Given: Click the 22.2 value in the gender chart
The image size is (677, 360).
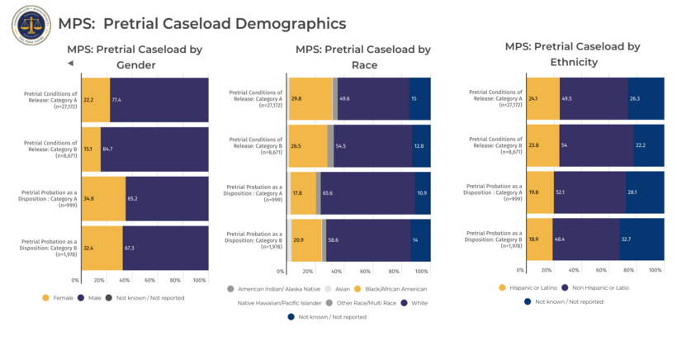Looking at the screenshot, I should (88, 100).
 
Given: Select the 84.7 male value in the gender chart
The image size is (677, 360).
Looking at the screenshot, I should (107, 149).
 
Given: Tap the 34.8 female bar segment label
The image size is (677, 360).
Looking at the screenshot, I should (88, 199).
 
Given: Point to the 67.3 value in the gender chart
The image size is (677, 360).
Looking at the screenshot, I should (129, 248).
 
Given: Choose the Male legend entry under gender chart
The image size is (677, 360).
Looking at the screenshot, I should (92, 296).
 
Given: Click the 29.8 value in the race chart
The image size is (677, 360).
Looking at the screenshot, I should (296, 98).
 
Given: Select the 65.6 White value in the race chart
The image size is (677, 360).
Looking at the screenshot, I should (328, 193).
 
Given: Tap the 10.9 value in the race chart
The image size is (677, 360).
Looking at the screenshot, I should (423, 193).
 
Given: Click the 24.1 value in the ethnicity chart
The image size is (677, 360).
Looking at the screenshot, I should (533, 98).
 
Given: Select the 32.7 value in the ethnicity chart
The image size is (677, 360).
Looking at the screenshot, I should (626, 239).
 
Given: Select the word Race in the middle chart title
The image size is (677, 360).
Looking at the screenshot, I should (363, 65).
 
